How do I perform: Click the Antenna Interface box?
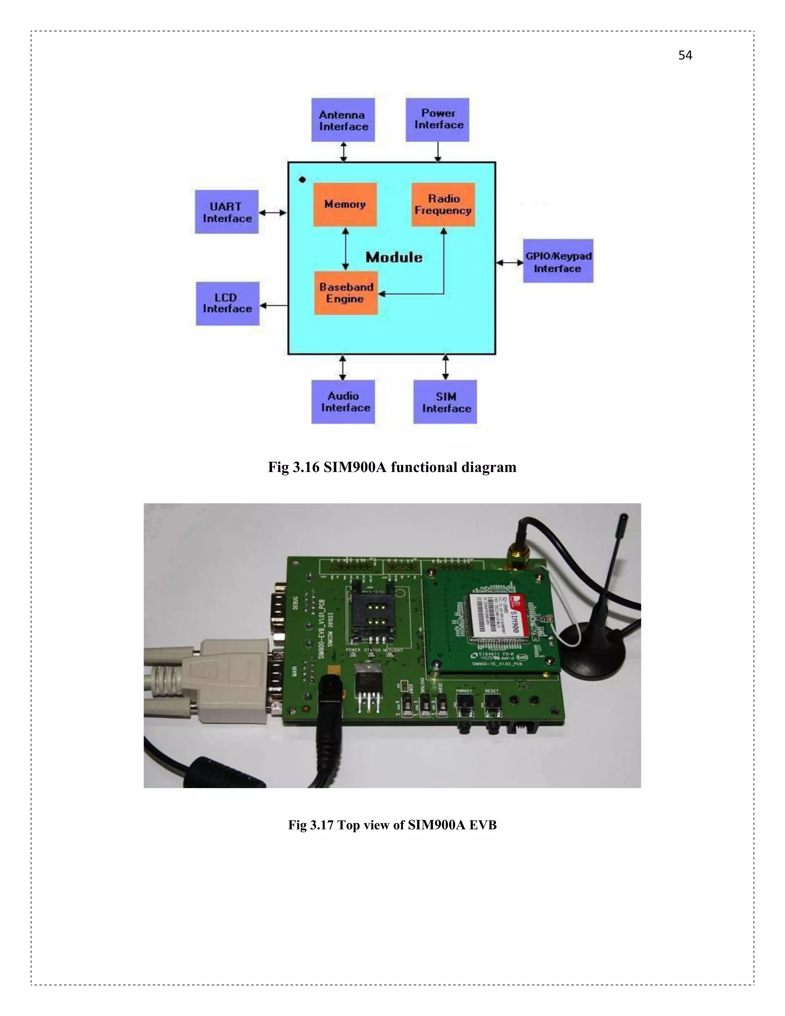[x=343, y=120]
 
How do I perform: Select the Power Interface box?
[x=437, y=120]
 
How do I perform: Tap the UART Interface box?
[x=227, y=212]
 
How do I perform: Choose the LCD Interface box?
[x=227, y=303]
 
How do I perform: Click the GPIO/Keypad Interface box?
[x=558, y=261]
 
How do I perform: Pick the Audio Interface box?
[x=343, y=401]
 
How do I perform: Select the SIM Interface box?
[x=445, y=402]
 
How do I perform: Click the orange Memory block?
[x=345, y=204]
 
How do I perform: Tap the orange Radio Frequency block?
[x=443, y=204]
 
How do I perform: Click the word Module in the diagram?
[x=394, y=257]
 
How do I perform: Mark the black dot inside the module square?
[x=302, y=179]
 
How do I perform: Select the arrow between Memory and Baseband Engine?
[x=345, y=249]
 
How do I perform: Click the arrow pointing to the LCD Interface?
[x=273, y=306]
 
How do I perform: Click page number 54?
[x=685, y=55]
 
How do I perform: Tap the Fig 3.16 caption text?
[x=392, y=467]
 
